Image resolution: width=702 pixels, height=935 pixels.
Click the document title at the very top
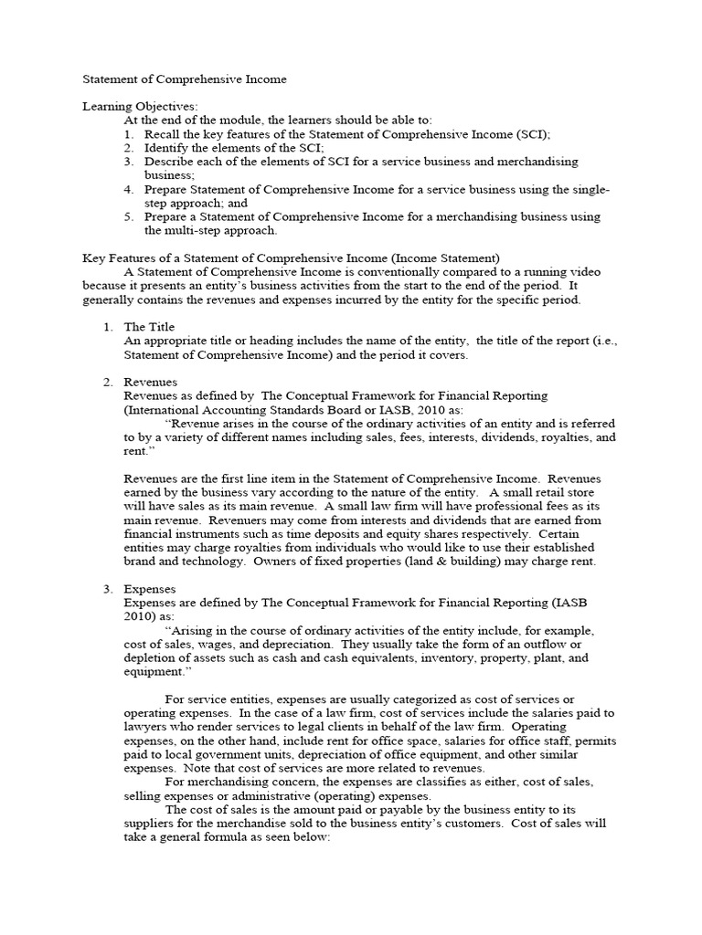pos(185,79)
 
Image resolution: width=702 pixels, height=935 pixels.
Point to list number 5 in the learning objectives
pos(129,216)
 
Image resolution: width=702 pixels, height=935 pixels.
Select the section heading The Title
pos(149,327)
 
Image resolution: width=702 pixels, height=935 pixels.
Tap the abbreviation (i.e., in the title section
pos(601,341)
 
